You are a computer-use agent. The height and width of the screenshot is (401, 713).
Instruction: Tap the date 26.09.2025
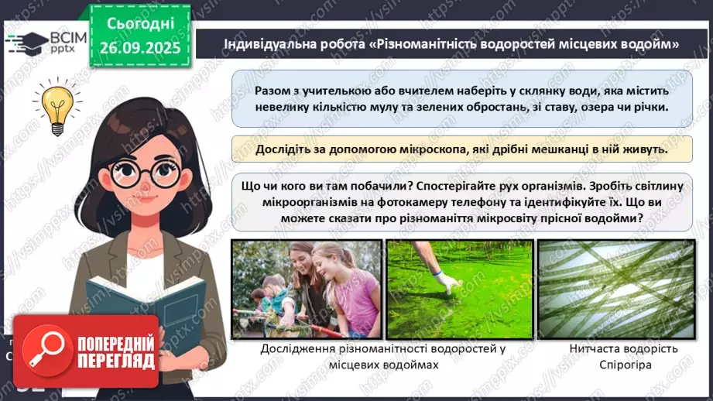[139, 48]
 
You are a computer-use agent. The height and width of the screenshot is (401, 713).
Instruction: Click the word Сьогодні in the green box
[139, 24]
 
